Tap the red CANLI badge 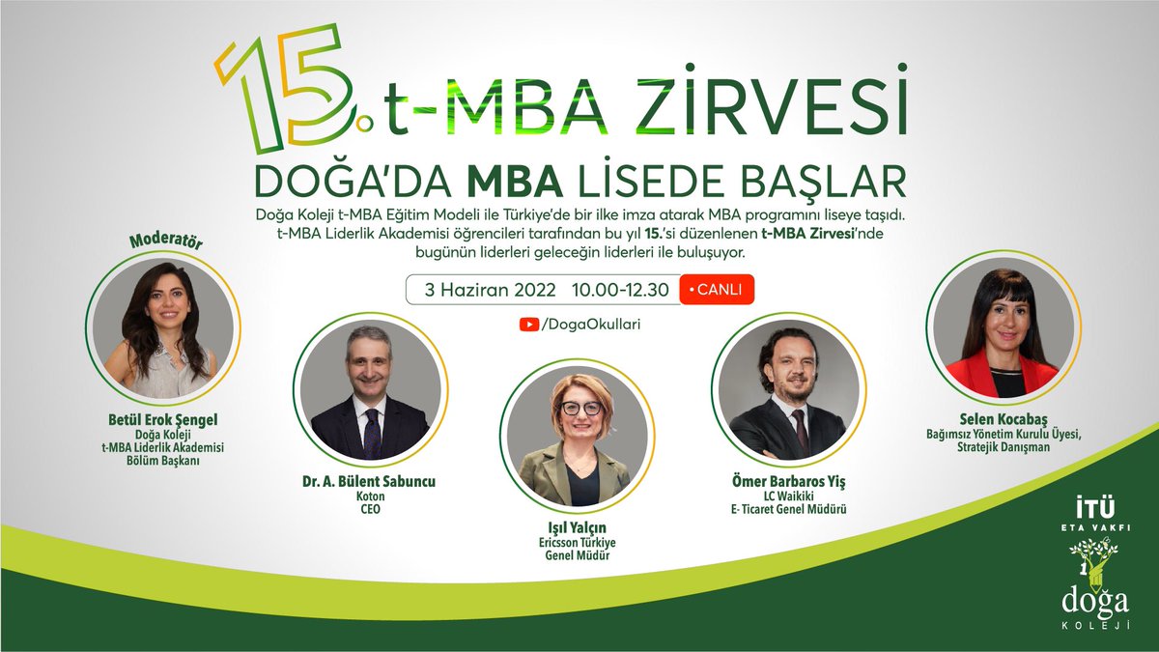pos(717,290)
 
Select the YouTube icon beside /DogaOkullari pos(528,326)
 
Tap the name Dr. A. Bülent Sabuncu pos(369,481)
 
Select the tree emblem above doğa pos(1093,565)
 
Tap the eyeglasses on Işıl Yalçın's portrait pos(581,408)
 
